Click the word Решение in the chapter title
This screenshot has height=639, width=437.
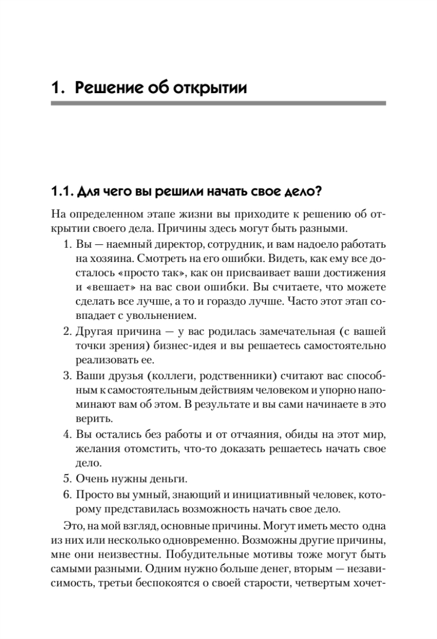110,87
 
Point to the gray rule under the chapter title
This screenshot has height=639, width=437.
218,103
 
